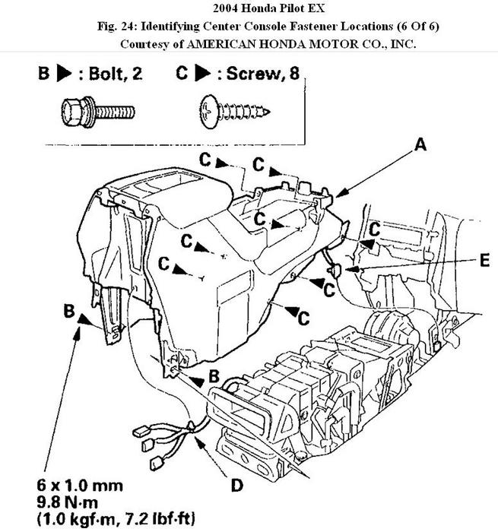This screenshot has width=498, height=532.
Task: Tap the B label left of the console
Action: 69,312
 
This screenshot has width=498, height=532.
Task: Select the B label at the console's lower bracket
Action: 214,375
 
